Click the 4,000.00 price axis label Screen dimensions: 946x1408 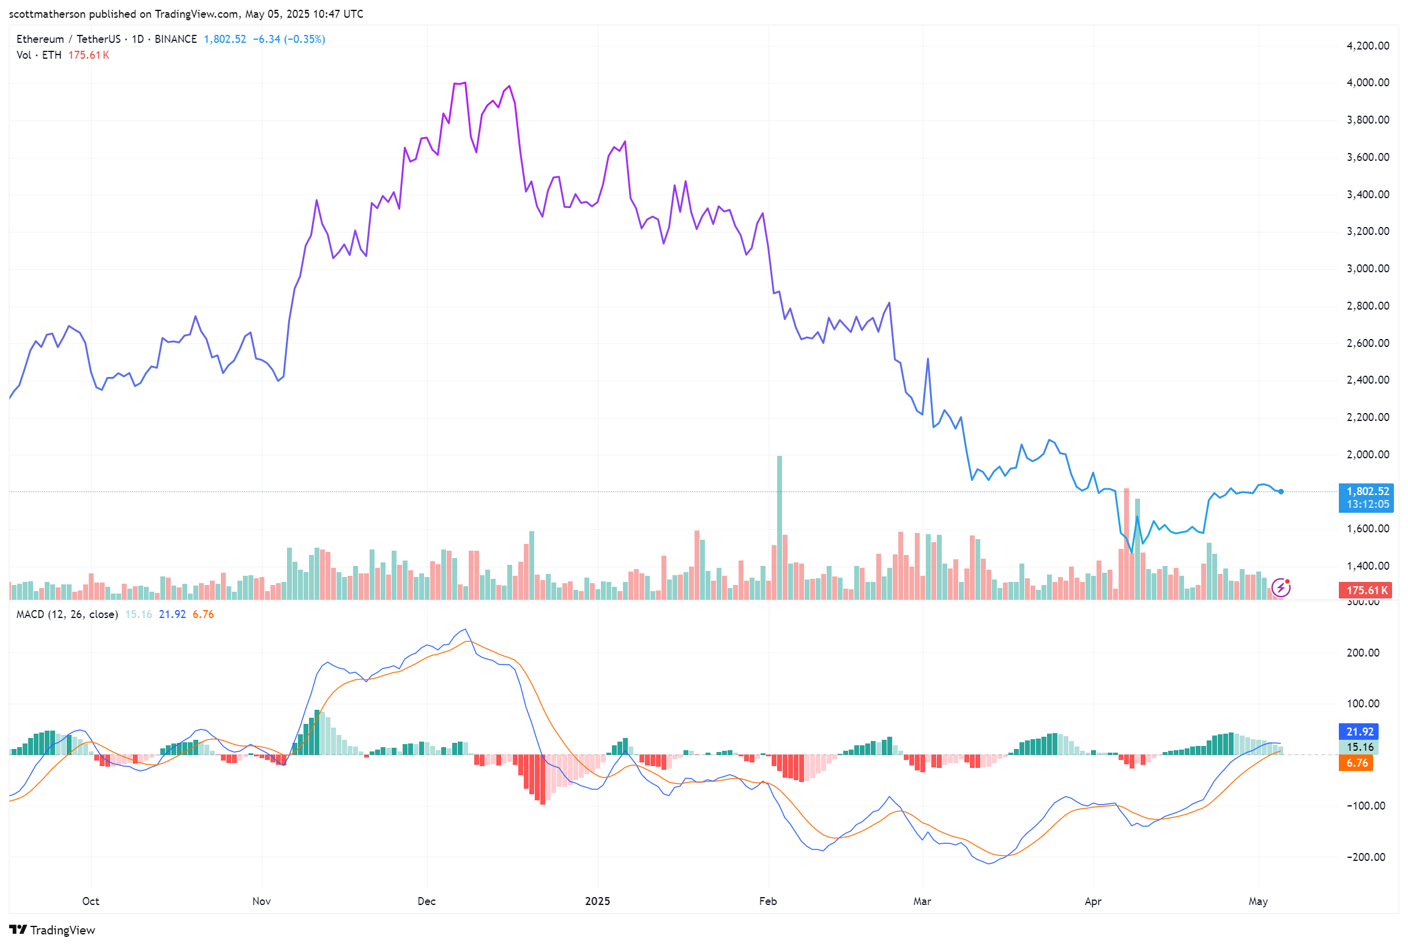[1368, 83]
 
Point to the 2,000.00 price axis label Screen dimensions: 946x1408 [1368, 455]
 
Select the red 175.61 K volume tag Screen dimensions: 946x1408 [1366, 590]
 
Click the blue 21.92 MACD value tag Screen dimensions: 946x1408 [1360, 732]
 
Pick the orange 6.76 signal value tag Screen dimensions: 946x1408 [1357, 763]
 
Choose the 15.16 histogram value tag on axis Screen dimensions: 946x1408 [1360, 747]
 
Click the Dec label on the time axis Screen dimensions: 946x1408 [426, 901]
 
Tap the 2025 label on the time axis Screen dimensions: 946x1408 [597, 901]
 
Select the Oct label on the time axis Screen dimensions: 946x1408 [91, 901]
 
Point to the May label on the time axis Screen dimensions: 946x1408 [1258, 901]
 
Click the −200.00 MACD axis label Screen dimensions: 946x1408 [1366, 857]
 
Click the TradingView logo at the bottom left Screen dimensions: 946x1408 [53, 930]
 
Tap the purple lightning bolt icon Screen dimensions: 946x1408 [1281, 588]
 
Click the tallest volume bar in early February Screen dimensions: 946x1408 [779, 526]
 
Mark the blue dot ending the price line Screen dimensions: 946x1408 [1281, 491]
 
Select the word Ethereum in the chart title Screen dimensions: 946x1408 [40, 39]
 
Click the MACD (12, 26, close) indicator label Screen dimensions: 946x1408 [67, 614]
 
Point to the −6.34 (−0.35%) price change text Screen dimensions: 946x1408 [289, 39]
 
